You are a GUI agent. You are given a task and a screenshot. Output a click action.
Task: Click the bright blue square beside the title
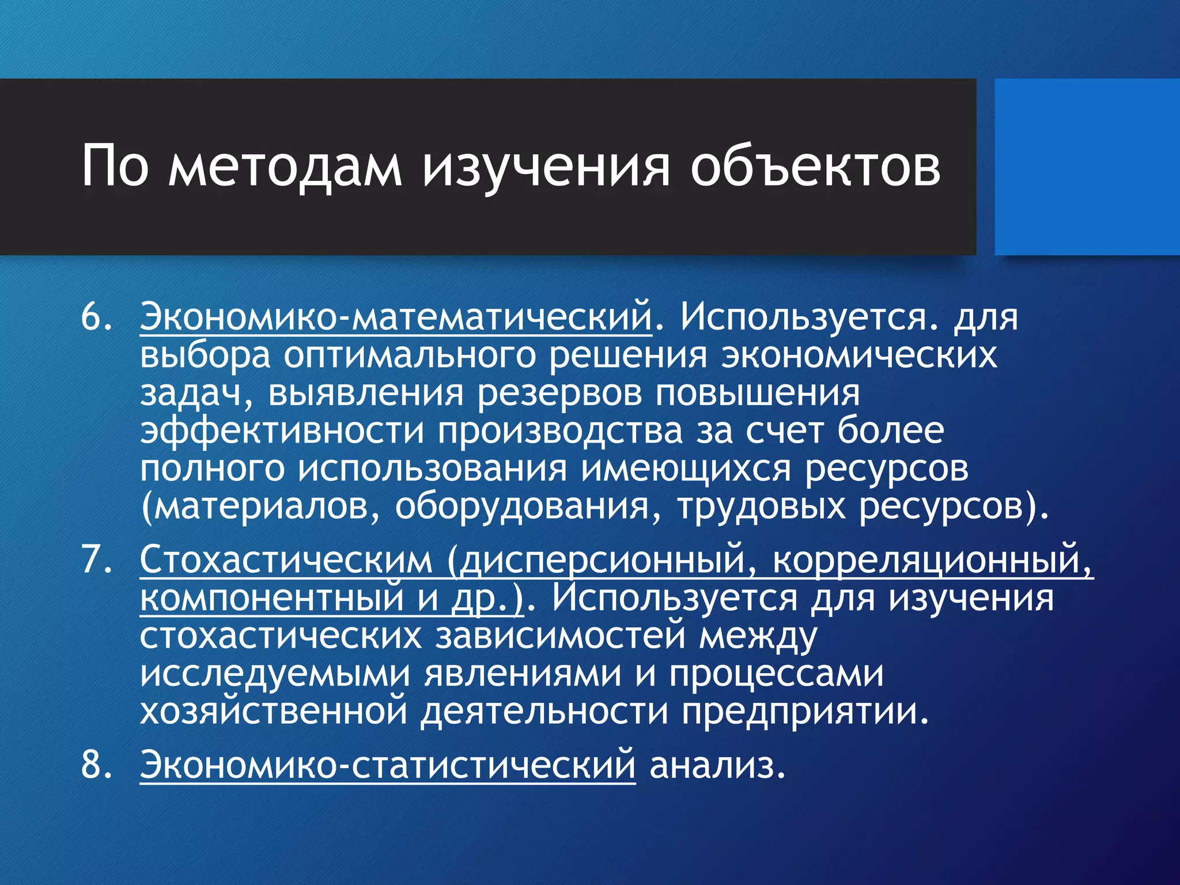click(1087, 167)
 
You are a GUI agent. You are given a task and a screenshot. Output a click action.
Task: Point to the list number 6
click(96, 317)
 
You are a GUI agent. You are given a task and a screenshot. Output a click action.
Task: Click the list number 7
click(96, 559)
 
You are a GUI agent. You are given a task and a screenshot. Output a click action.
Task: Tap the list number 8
click(96, 765)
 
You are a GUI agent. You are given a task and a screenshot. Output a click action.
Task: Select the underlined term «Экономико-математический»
click(396, 317)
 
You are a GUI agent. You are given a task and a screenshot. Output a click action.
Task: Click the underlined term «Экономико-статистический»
click(387, 765)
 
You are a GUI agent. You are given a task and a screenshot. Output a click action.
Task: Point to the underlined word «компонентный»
click(271, 598)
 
